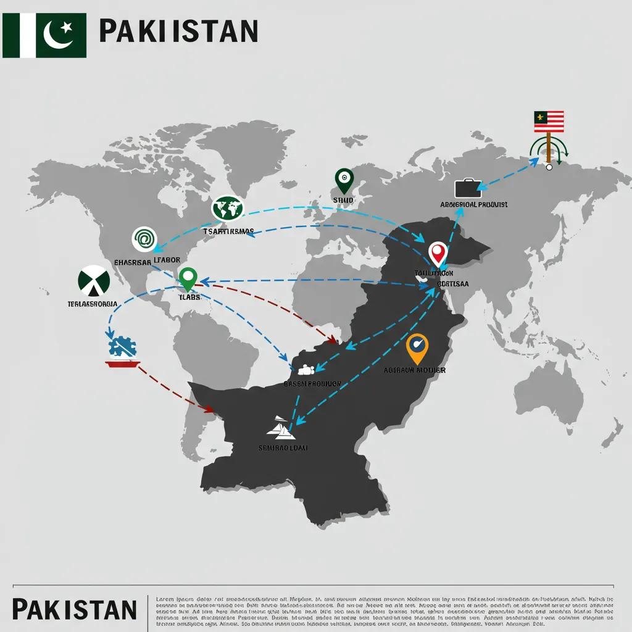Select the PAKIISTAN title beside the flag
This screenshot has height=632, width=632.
(x=178, y=30)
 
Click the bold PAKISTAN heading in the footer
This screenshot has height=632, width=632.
(x=74, y=609)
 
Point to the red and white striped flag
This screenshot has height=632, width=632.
(x=549, y=120)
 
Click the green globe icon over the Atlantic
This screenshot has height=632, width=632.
(x=228, y=209)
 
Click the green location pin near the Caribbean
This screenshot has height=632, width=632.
(x=187, y=278)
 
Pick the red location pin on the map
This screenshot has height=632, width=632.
(x=438, y=254)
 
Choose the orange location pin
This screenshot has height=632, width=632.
(x=417, y=348)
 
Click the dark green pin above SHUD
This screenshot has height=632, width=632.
(x=343, y=180)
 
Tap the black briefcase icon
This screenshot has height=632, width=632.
(x=467, y=188)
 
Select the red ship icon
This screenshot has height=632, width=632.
(x=123, y=363)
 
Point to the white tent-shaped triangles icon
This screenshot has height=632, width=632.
(x=280, y=426)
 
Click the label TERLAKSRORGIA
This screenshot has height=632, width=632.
(x=93, y=304)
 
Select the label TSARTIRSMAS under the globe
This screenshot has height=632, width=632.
(x=228, y=231)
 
